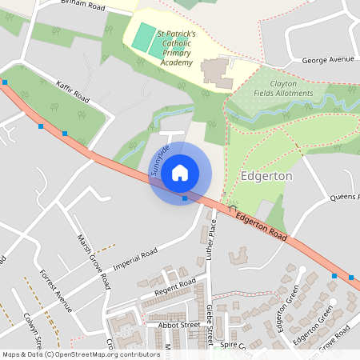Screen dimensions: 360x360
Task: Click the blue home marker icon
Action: coord(180,173)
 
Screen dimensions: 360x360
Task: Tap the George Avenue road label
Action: coord(327,60)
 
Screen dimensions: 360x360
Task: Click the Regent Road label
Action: coord(175,288)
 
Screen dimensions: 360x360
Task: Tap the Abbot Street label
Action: coord(178,326)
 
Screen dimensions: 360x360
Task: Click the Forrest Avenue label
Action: coord(54,289)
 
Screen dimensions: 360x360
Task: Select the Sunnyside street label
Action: coord(158,160)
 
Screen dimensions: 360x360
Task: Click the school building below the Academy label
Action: coord(214,74)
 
